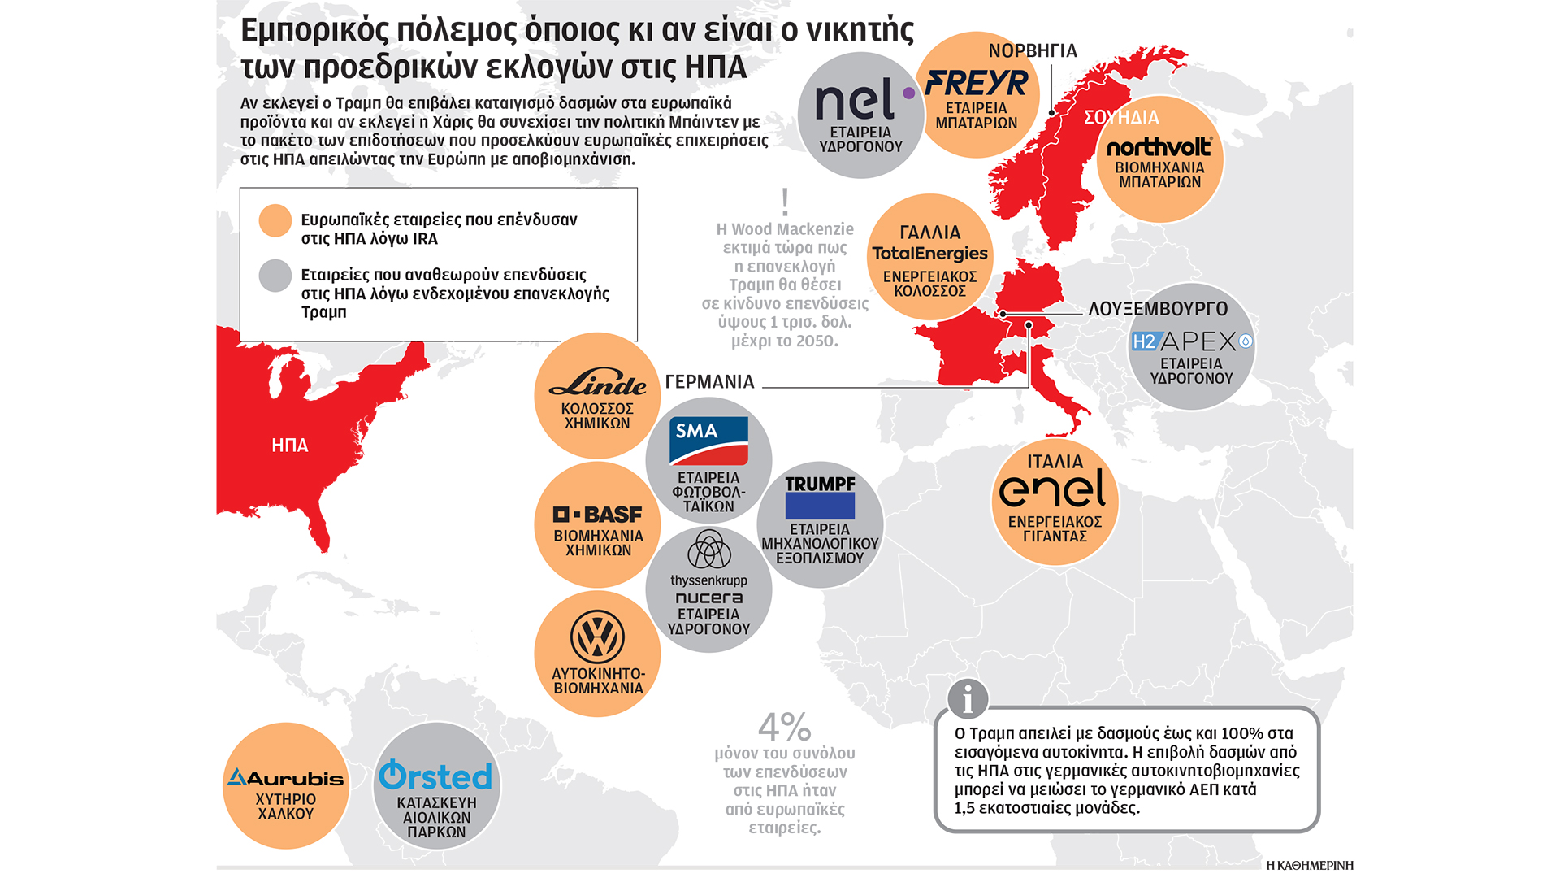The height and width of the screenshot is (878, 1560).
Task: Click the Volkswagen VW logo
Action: tap(597, 637)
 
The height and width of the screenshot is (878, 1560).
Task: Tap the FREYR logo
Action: tap(977, 83)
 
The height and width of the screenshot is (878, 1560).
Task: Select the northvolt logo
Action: tap(1159, 147)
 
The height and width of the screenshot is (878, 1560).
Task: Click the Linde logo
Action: tap(597, 382)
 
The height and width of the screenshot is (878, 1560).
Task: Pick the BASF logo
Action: tap(597, 515)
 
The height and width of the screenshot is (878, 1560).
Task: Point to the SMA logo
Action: tap(708, 441)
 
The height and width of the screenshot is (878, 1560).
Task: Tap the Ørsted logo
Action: tap(435, 776)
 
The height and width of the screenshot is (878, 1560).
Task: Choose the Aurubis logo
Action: tap(285, 778)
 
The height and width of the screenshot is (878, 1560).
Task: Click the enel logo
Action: tap(1053, 489)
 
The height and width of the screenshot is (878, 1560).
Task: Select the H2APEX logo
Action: tap(1191, 341)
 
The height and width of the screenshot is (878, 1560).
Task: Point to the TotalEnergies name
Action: tap(929, 254)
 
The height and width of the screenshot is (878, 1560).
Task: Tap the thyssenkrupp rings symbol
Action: tap(708, 550)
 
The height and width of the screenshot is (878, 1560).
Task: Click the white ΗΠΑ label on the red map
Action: tap(290, 446)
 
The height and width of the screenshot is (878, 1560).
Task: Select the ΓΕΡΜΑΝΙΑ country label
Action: tap(709, 382)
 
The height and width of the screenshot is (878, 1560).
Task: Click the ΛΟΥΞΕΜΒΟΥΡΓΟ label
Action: tap(1158, 309)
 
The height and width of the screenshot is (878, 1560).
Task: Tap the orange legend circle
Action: tap(275, 220)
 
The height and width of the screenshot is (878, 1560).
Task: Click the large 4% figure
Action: tap(784, 726)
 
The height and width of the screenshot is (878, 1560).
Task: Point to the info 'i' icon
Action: tap(967, 698)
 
